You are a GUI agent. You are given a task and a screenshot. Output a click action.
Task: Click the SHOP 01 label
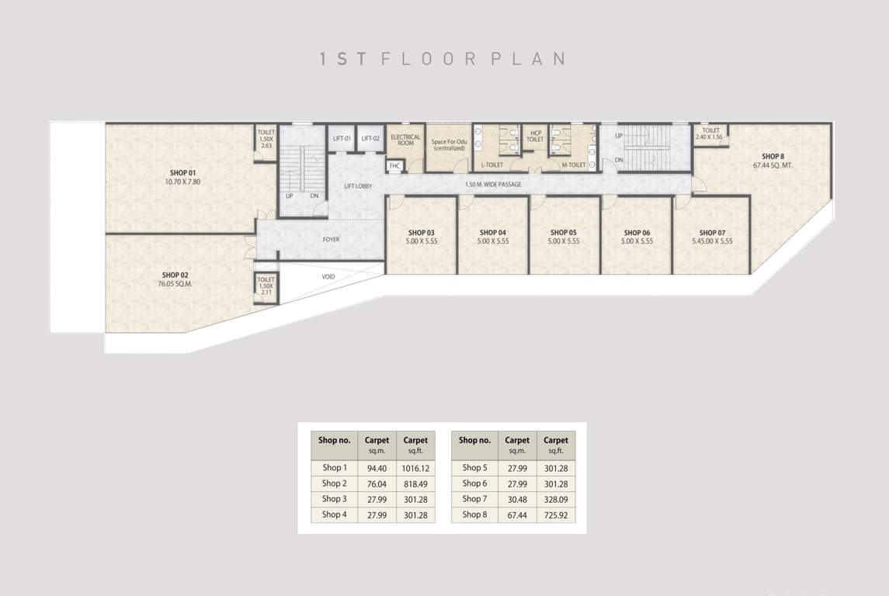click(182, 172)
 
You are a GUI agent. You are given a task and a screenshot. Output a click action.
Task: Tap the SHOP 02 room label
click(175, 275)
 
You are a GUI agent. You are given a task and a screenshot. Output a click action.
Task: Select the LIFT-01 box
click(342, 139)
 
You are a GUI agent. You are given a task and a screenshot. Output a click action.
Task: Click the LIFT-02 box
click(370, 139)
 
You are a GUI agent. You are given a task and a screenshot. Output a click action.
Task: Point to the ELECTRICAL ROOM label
click(405, 140)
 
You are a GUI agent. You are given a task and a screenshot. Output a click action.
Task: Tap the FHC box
click(394, 165)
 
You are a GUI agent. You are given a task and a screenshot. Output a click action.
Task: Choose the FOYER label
click(331, 240)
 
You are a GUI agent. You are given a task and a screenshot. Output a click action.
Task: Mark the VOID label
click(328, 276)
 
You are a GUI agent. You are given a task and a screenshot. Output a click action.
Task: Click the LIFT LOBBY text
click(358, 187)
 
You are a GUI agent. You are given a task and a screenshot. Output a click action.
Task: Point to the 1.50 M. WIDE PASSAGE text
click(493, 185)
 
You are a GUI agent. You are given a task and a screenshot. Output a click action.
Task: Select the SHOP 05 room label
click(563, 233)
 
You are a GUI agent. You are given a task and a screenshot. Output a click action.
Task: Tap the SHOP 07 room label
click(712, 233)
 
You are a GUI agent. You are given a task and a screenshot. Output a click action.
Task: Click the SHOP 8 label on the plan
click(773, 157)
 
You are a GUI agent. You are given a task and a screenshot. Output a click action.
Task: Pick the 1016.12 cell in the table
click(415, 468)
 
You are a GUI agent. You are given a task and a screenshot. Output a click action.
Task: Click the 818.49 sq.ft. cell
click(415, 484)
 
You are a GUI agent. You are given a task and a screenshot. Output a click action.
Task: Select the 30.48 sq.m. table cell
click(517, 499)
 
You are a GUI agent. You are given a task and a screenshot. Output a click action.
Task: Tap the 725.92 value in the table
click(556, 515)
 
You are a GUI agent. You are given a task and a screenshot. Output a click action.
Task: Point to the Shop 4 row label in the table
click(334, 515)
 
